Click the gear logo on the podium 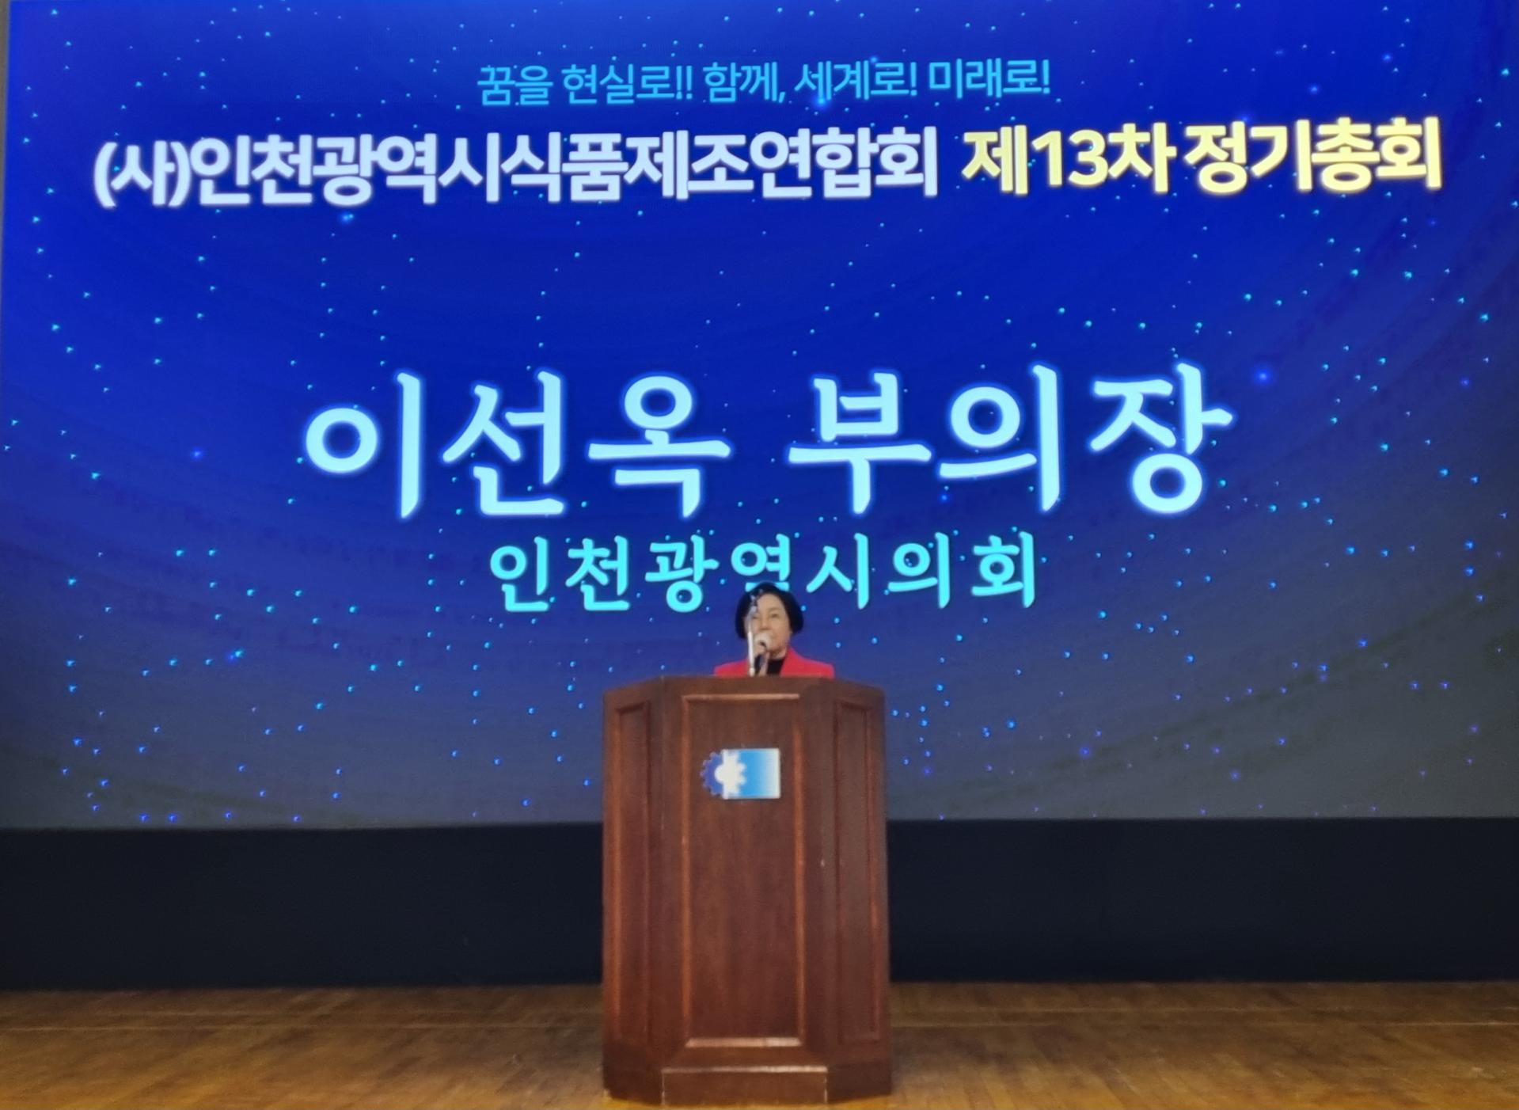(x=740, y=771)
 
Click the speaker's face (x=764, y=625)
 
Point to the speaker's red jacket (x=774, y=666)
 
